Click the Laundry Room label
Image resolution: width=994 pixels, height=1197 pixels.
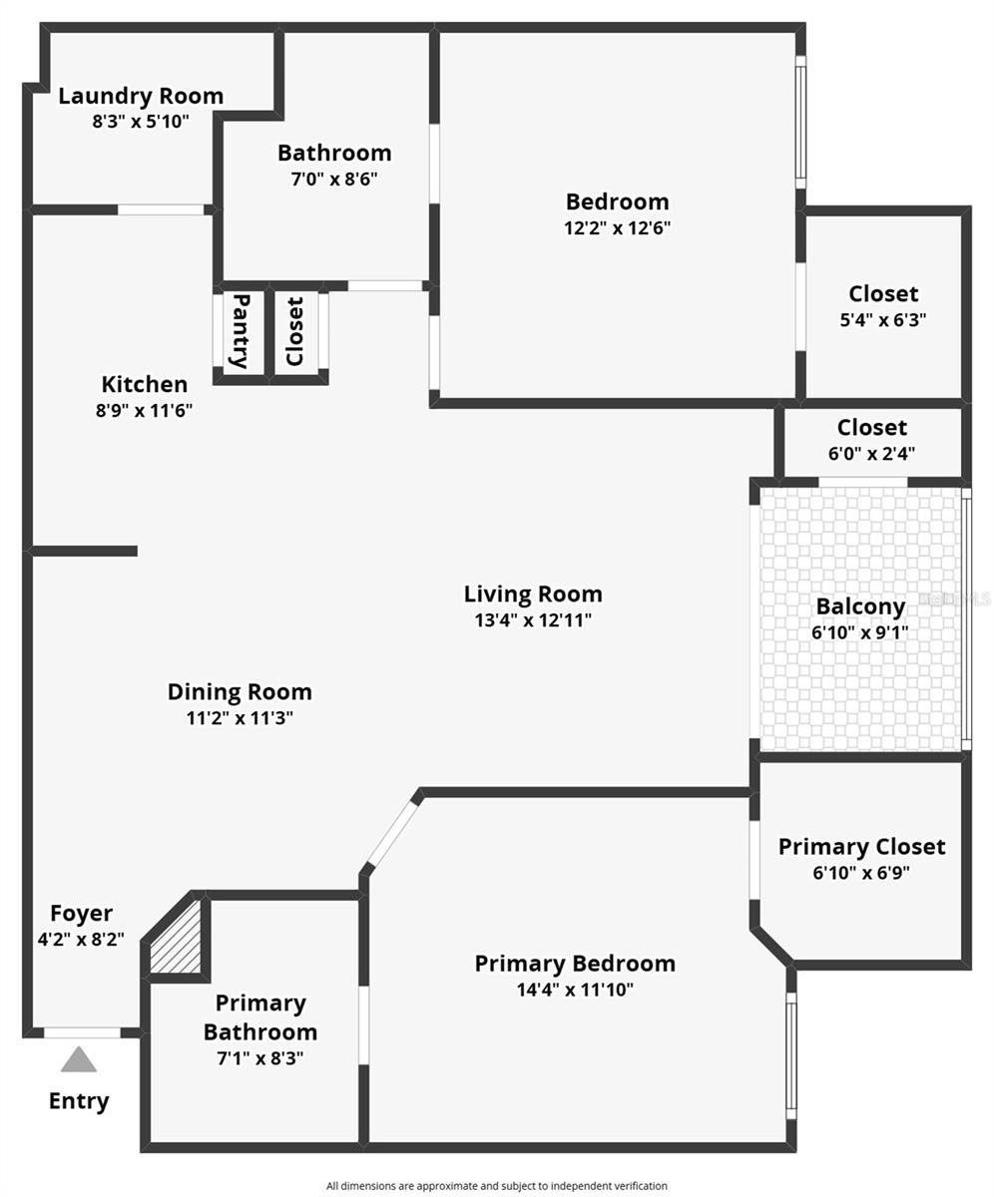(140, 97)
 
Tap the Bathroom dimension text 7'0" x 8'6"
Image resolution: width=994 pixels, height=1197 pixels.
(333, 179)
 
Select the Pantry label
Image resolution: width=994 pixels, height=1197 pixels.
(241, 330)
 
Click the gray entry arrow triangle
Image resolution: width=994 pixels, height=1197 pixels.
(79, 1059)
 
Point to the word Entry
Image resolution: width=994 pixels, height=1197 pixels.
(79, 1101)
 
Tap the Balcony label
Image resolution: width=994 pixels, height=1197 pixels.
(859, 606)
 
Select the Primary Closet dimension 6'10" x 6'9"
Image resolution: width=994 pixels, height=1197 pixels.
(860, 872)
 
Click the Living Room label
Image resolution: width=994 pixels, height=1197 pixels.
(533, 595)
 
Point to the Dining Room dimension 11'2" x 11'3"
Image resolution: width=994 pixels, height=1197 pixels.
(240, 717)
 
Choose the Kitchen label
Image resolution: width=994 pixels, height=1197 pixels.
(144, 384)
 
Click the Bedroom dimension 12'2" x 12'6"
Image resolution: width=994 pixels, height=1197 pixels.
(616, 227)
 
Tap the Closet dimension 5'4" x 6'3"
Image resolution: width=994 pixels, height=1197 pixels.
(883, 320)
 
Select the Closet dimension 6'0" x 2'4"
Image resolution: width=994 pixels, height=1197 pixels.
(871, 453)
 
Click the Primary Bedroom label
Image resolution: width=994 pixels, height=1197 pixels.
(574, 964)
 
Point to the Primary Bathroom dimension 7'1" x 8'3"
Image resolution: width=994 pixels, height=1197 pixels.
(259, 1057)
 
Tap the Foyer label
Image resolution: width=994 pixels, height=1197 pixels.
(82, 913)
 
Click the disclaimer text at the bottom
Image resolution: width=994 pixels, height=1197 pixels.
(496, 1186)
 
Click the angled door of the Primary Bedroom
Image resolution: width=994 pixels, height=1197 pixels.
(391, 832)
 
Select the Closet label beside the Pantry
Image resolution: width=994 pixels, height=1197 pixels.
(294, 331)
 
